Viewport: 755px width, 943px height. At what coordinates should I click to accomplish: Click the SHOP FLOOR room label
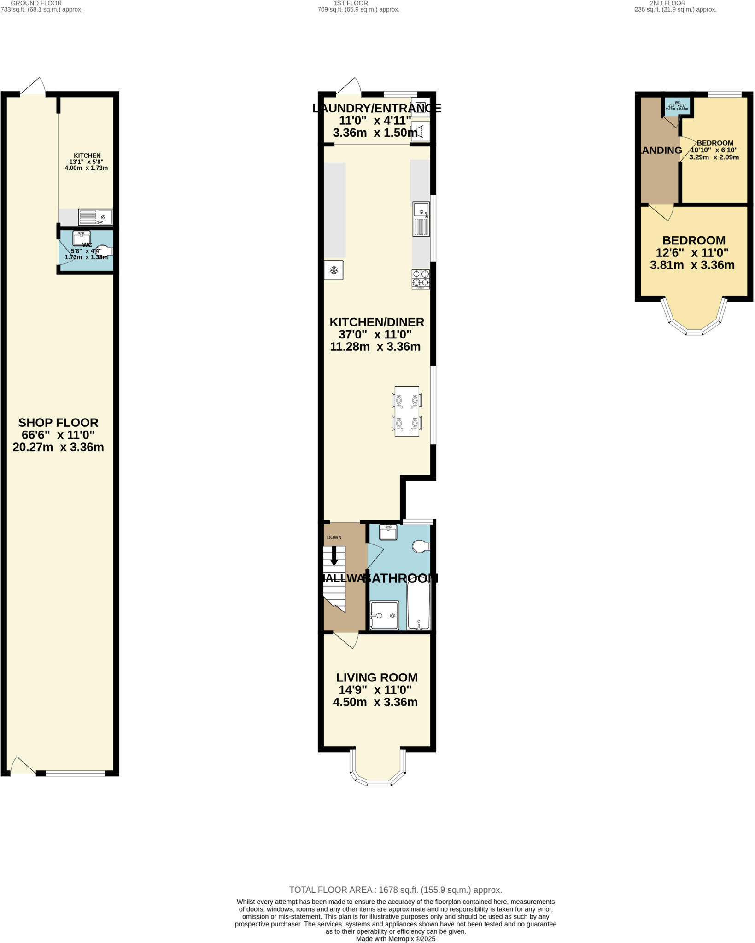[x=58, y=422]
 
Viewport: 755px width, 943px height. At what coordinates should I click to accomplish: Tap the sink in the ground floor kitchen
[x=95, y=216]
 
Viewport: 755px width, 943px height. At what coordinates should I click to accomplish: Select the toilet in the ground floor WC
[x=104, y=250]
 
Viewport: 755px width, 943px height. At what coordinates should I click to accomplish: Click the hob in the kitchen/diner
[x=421, y=279]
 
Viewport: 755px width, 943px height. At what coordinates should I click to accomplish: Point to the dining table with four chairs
[x=407, y=411]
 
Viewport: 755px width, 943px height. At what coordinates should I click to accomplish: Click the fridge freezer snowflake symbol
[x=334, y=270]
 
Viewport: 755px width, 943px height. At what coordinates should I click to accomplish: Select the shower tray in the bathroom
[x=384, y=615]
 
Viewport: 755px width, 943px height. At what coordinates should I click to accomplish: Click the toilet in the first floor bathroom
[x=421, y=546]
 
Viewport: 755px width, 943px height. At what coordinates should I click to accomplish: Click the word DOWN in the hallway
[x=334, y=537]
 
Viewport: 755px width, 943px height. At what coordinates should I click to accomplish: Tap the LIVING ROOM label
[x=376, y=677]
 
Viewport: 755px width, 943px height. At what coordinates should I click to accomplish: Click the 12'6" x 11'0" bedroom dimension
[x=692, y=253]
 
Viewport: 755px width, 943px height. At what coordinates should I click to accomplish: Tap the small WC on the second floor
[x=677, y=105]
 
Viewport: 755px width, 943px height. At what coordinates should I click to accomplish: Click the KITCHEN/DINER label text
[x=376, y=322]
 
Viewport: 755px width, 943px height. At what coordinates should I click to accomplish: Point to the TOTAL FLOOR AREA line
[x=395, y=890]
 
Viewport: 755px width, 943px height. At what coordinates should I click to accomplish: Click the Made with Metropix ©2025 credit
[x=395, y=938]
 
